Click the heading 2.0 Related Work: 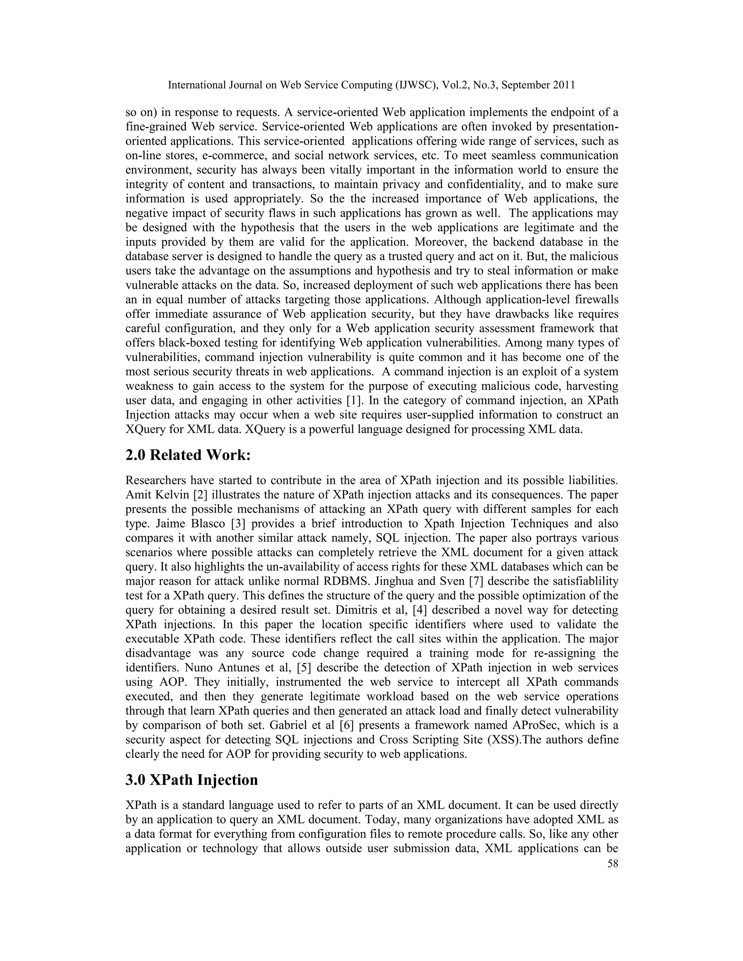[x=188, y=454]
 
